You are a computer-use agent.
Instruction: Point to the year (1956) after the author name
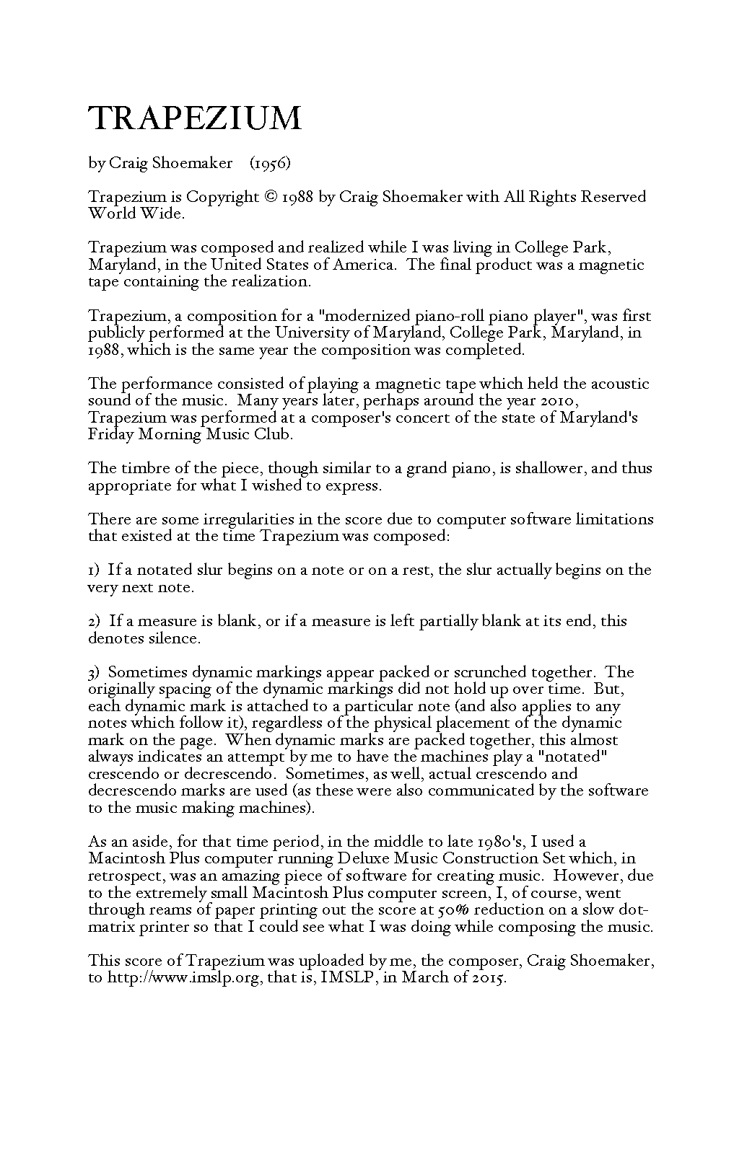click(270, 163)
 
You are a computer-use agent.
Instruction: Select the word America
click(364, 265)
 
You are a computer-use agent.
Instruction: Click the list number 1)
click(95, 571)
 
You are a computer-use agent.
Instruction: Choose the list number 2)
click(95, 621)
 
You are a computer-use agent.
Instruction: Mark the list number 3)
click(95, 672)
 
